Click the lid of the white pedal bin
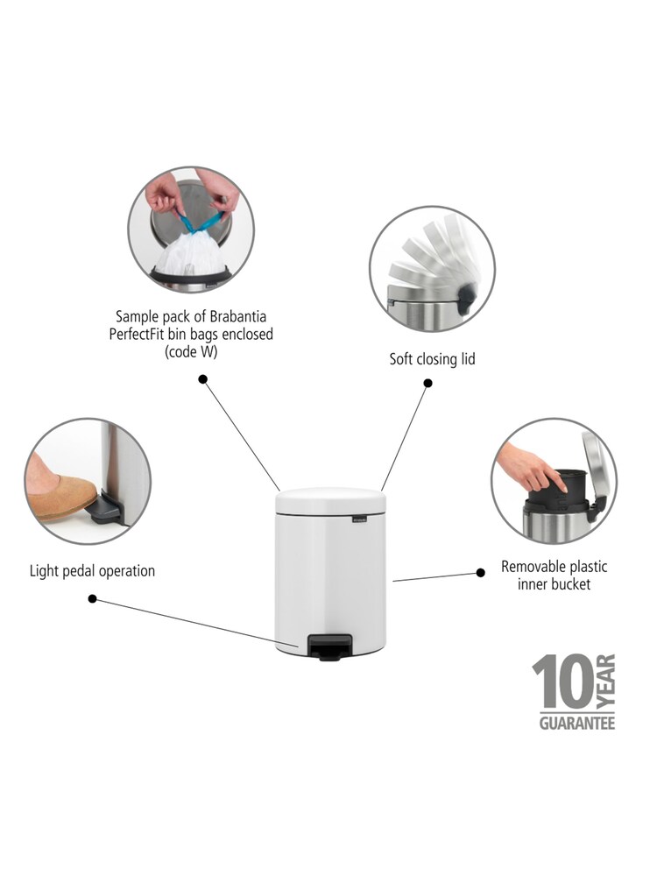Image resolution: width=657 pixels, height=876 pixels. tap(331, 500)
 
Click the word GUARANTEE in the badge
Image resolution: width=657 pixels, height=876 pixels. tap(576, 723)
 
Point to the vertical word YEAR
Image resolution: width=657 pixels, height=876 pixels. tap(606, 682)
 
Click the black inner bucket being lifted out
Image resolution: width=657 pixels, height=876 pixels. tap(574, 484)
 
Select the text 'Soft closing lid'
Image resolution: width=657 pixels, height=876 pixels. tap(432, 358)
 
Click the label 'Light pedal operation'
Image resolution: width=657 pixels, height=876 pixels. tap(92, 571)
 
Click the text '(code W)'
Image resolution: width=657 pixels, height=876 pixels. tap(191, 351)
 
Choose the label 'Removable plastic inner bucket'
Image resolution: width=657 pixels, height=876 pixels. tap(554, 575)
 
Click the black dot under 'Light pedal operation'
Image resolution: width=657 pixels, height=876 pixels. tap(93, 599)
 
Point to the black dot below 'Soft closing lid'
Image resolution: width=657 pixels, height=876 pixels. tap(428, 383)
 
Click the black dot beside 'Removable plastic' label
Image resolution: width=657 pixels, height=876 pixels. tap(480, 572)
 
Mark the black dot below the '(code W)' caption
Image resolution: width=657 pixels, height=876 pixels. tap(203, 379)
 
